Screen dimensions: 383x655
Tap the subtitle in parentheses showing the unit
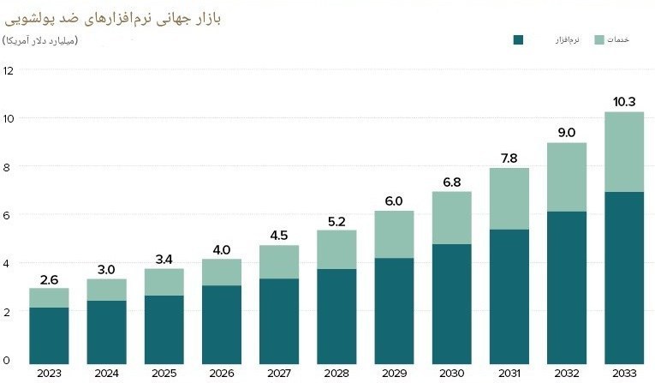point(41,40)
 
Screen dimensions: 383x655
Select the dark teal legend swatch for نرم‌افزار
point(518,39)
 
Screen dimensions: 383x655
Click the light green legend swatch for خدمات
point(598,39)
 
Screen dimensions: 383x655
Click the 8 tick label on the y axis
point(8,166)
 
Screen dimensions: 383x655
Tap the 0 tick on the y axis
point(8,360)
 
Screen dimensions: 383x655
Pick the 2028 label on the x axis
point(337,372)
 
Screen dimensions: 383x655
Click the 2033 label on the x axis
point(624,372)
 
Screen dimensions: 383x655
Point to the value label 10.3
point(624,102)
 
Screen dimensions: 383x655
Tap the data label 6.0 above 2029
point(395,200)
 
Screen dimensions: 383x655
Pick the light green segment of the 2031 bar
point(509,199)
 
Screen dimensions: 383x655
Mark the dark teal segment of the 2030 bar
point(452,302)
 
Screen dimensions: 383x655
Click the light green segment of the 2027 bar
point(280,261)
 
